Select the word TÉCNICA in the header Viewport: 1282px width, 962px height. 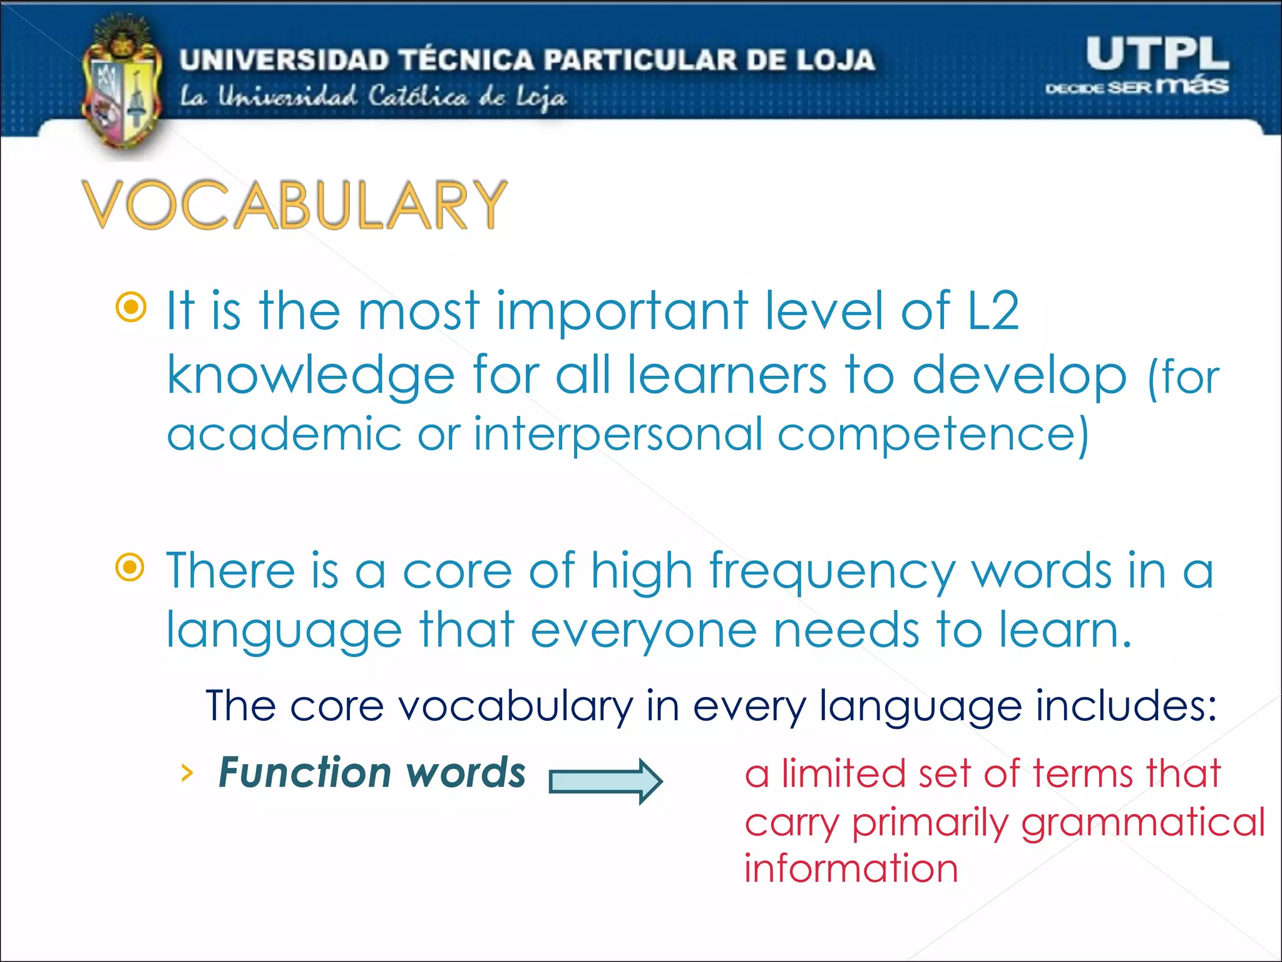pyautogui.click(x=467, y=59)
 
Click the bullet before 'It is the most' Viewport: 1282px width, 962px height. pyautogui.click(x=131, y=308)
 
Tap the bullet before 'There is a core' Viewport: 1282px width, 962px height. pyautogui.click(x=131, y=568)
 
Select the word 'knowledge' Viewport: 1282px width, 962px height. pyautogui.click(x=310, y=376)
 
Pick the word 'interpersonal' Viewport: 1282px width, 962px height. pyautogui.click(x=618, y=434)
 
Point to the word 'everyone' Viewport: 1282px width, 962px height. pyautogui.click(x=644, y=631)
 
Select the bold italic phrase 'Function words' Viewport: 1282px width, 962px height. pyautogui.click(x=372, y=772)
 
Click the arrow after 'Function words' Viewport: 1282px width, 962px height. pyautogui.click(x=605, y=781)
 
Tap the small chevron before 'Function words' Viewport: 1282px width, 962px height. pyautogui.click(x=186, y=773)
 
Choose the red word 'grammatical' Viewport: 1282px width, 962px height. pyautogui.click(x=1143, y=822)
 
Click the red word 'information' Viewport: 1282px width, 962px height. pyautogui.click(x=851, y=869)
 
